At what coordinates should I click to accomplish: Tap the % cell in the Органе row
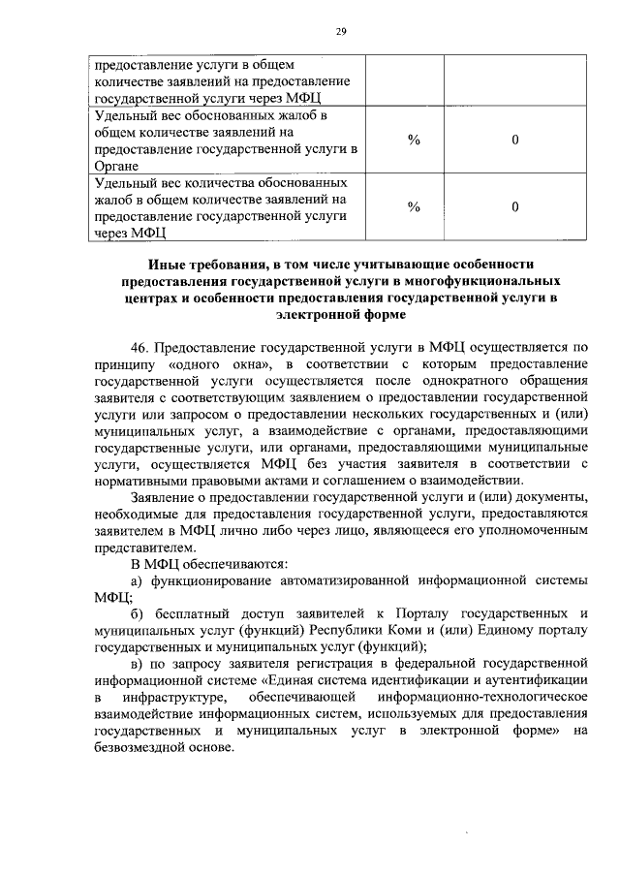click(x=414, y=141)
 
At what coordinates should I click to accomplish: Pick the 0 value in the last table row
click(x=515, y=206)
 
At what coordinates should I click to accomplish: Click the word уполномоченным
click(x=531, y=533)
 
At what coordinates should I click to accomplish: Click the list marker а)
click(x=137, y=583)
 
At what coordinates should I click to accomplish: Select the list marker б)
click(x=137, y=617)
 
